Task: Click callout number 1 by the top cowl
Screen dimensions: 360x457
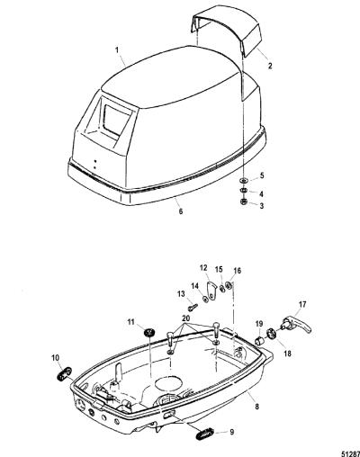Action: (118, 49)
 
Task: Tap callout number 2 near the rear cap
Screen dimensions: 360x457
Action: (270, 66)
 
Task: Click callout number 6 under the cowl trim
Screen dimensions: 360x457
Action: (181, 211)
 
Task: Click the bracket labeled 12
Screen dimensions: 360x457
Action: (211, 291)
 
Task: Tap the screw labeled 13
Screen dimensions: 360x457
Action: (193, 307)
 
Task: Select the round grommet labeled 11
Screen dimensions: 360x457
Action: (149, 332)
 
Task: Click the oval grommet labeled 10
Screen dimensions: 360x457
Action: (64, 374)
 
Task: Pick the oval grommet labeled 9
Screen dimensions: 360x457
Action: (205, 434)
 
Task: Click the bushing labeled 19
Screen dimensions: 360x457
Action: (259, 341)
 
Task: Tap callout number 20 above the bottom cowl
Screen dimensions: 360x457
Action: (186, 318)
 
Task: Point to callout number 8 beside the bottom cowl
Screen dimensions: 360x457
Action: (256, 407)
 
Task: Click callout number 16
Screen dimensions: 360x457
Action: (237, 271)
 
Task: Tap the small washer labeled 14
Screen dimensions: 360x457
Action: (206, 299)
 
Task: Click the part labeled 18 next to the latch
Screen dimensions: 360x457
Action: (271, 334)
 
